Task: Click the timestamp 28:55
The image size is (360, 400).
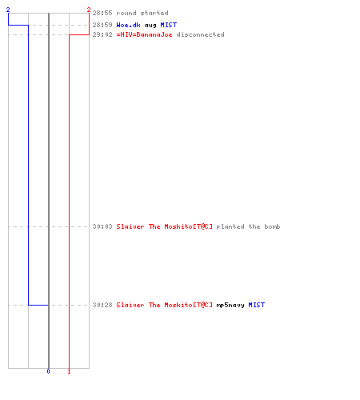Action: click(x=102, y=13)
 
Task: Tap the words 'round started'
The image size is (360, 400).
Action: click(x=142, y=13)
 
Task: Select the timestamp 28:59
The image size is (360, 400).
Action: click(x=102, y=25)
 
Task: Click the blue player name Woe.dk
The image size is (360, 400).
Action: click(x=128, y=25)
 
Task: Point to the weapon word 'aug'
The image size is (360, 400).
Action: click(x=150, y=26)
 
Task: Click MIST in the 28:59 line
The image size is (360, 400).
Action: click(x=169, y=25)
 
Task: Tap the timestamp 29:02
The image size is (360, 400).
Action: click(x=102, y=34)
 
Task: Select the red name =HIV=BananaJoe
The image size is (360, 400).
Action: click(x=144, y=34)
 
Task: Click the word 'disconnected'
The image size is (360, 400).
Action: click(x=200, y=34)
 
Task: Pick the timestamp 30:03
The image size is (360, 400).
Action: click(x=102, y=226)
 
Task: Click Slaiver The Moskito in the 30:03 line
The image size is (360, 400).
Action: click(x=165, y=226)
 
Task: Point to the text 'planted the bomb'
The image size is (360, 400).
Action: click(x=248, y=226)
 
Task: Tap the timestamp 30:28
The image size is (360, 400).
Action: click(x=102, y=305)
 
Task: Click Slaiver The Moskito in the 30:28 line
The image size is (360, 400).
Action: click(x=165, y=305)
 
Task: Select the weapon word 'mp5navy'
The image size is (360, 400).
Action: click(x=230, y=305)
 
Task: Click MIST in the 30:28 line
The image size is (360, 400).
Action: click(x=257, y=305)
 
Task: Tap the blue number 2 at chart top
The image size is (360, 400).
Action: click(x=8, y=10)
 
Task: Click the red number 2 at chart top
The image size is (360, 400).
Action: click(x=89, y=10)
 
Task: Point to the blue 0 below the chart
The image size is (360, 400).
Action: click(x=48, y=371)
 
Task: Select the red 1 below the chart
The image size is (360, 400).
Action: click(x=69, y=371)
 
